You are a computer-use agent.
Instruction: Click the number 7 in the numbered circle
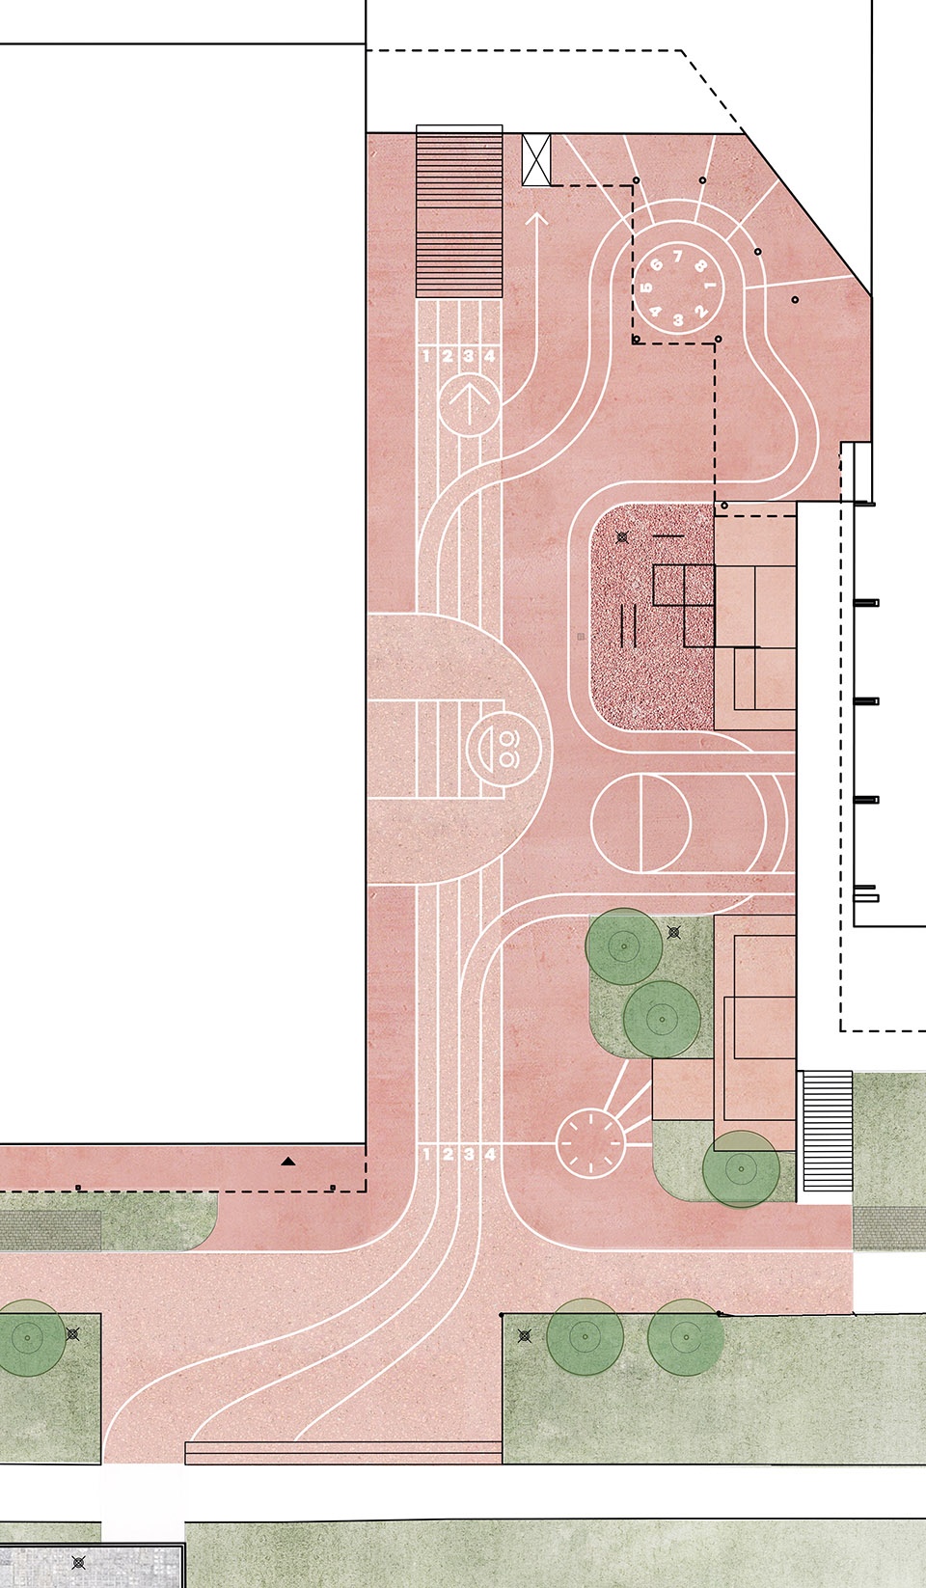[x=678, y=256]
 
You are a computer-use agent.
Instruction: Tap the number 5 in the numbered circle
[x=646, y=287]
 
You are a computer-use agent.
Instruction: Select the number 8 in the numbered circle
[x=700, y=266]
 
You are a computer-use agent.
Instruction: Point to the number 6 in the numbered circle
[x=657, y=265]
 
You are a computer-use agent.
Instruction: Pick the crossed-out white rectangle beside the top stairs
[x=536, y=159]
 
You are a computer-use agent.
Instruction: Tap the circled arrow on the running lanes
[x=469, y=404]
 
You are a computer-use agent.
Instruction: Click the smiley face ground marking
[x=504, y=749]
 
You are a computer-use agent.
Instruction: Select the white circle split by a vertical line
[x=640, y=822]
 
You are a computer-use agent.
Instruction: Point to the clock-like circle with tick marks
[x=590, y=1143]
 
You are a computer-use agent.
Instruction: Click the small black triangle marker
[x=287, y=1162]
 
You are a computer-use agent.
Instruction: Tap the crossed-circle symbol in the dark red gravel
[x=622, y=537]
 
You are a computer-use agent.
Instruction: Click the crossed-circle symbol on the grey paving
[x=79, y=1562]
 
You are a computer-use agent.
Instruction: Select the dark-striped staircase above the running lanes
[x=459, y=211]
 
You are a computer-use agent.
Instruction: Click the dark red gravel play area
[x=652, y=616]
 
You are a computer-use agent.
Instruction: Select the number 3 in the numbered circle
[x=678, y=319]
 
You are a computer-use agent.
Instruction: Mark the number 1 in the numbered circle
[x=710, y=286]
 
